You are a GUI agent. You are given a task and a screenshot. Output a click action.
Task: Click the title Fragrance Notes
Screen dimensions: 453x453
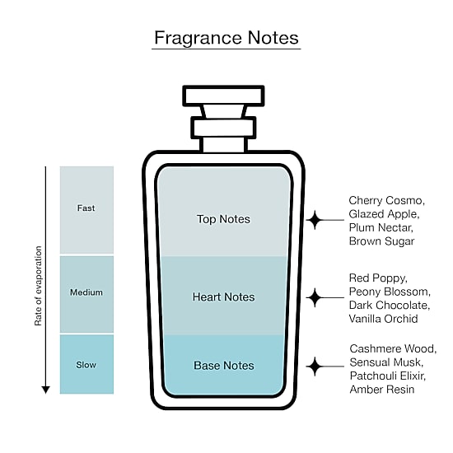[226, 38]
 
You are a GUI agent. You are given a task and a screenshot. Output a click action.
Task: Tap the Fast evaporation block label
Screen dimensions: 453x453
[86, 208]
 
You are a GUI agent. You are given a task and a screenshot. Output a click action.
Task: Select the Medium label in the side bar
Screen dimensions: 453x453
[86, 292]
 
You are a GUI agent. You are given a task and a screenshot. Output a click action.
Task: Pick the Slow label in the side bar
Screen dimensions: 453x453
[86, 365]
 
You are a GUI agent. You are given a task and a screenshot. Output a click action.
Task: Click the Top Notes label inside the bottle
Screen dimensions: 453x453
[223, 219]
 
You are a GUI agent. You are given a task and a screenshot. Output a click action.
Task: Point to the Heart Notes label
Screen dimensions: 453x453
[223, 297]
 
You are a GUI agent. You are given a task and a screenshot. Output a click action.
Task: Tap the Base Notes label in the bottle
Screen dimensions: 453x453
[224, 366]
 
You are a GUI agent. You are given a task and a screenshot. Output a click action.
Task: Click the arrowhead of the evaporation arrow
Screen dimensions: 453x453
[45, 390]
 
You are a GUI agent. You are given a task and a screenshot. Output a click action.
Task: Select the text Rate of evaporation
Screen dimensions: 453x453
[38, 286]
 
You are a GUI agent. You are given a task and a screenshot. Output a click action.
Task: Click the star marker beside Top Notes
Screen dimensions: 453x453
[315, 220]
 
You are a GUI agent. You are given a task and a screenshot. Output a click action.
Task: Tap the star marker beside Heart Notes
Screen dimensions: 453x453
[315, 297]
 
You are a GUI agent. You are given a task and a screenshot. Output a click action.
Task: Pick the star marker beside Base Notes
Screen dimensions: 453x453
[315, 367]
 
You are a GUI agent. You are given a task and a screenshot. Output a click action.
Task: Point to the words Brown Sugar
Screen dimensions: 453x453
[381, 241]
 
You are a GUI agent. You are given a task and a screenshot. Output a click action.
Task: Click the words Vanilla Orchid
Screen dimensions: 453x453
[383, 319]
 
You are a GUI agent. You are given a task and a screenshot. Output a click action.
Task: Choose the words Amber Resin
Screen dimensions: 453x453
[382, 390]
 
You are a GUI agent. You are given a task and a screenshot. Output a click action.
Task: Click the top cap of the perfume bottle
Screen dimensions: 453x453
[223, 96]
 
